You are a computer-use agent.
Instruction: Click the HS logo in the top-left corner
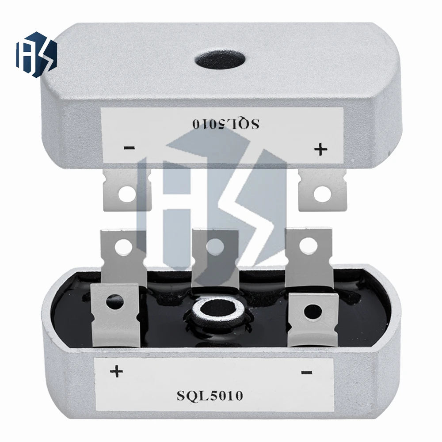(36, 54)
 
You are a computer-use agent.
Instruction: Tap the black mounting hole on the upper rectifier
(220, 60)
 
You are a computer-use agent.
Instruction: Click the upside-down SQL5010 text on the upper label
(226, 123)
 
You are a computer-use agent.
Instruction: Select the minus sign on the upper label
(130, 148)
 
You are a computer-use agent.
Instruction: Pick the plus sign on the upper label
(321, 149)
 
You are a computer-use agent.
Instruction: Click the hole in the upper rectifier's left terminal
(127, 194)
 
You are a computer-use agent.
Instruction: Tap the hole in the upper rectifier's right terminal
(322, 194)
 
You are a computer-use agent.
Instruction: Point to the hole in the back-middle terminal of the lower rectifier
(215, 245)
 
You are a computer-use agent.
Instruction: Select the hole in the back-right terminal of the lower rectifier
(309, 246)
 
